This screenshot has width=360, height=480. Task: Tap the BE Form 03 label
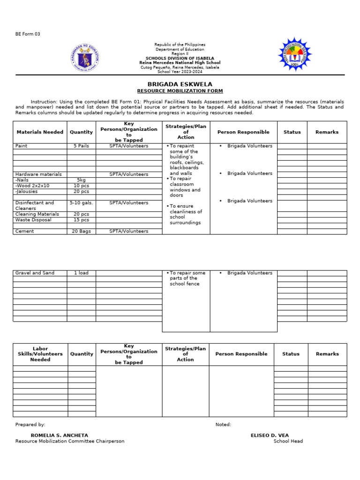[x=28, y=34]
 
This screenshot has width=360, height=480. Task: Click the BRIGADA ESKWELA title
[x=180, y=84]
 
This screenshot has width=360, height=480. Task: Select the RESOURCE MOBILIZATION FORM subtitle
[x=180, y=91]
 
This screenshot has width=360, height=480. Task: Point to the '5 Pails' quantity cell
[x=81, y=146]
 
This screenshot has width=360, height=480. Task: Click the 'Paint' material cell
[x=22, y=146]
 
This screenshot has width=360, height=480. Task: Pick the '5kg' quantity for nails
[x=81, y=180]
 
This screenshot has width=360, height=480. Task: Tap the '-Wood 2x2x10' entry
[x=32, y=186]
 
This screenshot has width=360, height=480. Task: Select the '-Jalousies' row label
[x=27, y=191]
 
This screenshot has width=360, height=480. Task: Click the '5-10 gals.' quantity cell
[x=81, y=203]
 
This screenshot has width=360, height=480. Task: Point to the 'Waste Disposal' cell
[x=33, y=220]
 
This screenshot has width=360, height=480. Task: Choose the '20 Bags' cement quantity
[x=81, y=231]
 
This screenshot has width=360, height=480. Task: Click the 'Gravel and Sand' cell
[x=35, y=273]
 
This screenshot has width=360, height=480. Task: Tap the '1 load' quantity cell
[x=81, y=273]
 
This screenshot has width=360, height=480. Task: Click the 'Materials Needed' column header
[x=40, y=132]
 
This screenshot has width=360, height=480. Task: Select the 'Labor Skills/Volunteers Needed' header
[x=40, y=354]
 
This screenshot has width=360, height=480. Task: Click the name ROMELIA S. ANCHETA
[x=60, y=435]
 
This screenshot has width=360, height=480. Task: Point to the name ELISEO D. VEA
[x=270, y=435]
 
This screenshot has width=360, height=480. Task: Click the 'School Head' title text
[x=288, y=441]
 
